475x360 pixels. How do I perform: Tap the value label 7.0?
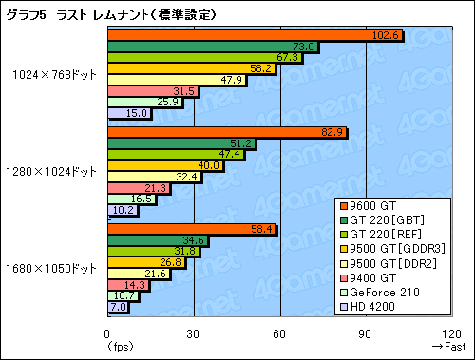tap(118, 307)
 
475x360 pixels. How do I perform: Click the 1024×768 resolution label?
tap(55, 75)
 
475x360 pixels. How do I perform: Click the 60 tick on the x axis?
tap(280, 333)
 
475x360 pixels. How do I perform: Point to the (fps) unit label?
tap(115, 347)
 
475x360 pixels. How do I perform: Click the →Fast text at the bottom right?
tap(448, 347)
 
